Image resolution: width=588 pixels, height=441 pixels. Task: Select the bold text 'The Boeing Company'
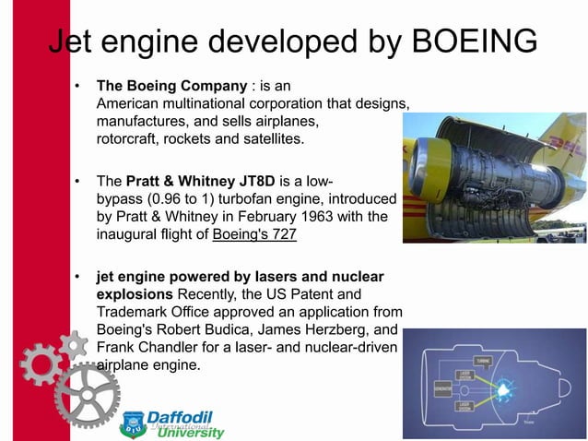171,86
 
